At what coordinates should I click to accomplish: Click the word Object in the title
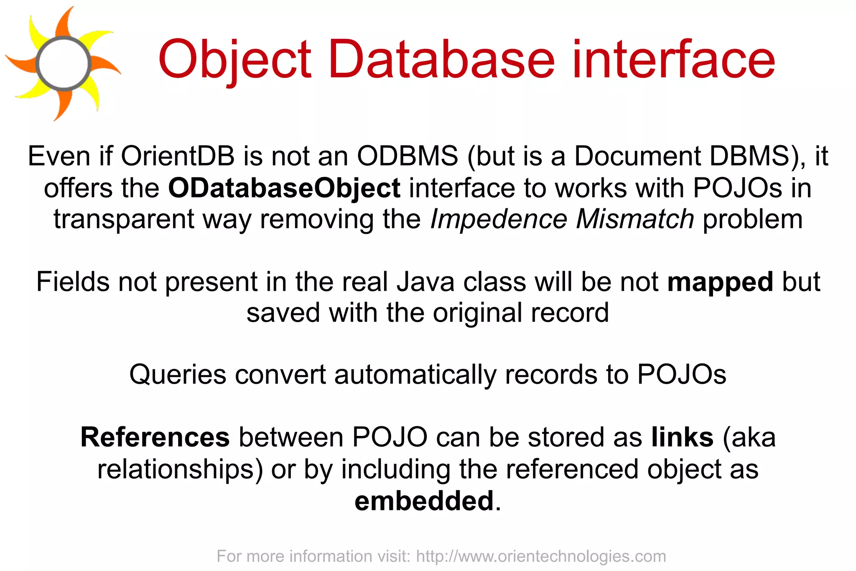235,59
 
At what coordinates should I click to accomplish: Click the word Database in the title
441,59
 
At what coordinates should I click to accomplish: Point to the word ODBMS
407,156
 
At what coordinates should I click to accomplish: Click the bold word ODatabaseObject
284,188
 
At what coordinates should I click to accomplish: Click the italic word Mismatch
635,219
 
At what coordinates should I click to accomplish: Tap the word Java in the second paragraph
425,282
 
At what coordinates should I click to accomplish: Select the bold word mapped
720,282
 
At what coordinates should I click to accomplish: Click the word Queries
177,374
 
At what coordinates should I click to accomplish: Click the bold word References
155,438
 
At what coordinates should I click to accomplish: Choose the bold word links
682,438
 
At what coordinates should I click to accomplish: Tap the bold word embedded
424,501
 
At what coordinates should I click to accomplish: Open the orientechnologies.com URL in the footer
541,556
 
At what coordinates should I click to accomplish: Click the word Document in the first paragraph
637,156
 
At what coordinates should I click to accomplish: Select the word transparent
124,220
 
